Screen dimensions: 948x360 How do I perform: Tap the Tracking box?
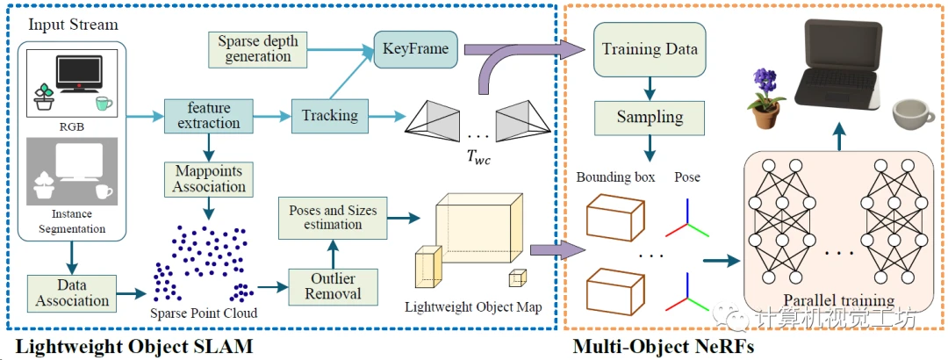(x=329, y=114)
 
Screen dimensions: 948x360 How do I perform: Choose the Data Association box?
(x=73, y=292)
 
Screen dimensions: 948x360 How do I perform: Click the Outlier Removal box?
(x=334, y=286)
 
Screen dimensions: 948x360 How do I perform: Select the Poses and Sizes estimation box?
(x=333, y=217)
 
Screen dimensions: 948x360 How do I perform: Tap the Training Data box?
(x=650, y=49)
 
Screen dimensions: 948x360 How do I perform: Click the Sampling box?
(x=650, y=118)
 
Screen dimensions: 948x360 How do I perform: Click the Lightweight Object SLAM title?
(x=133, y=347)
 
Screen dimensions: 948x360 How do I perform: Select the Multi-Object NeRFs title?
(x=664, y=347)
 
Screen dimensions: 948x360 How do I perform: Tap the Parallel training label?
(x=838, y=300)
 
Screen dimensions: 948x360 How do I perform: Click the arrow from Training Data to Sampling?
(x=650, y=88)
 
